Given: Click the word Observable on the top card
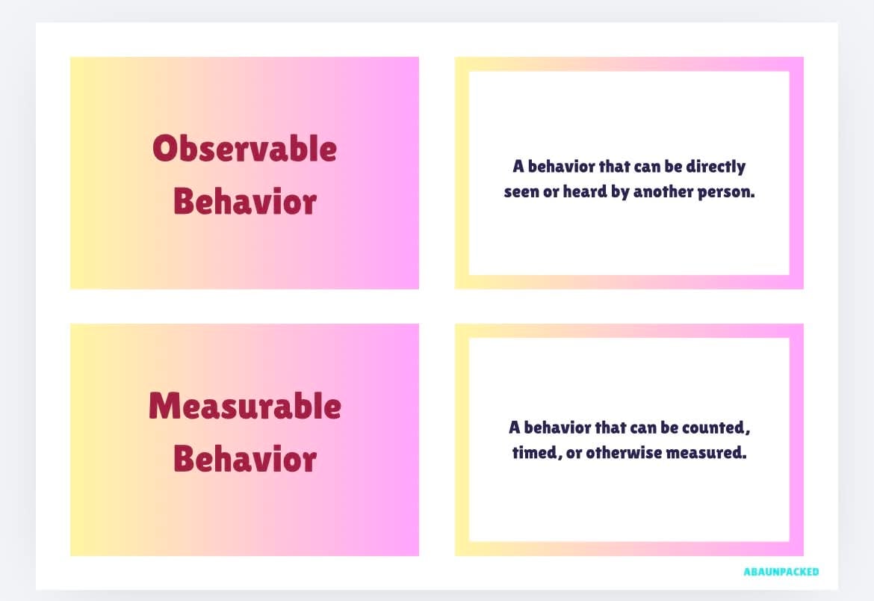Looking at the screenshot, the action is pos(245,149).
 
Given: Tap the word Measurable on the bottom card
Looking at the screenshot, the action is pos(245,406).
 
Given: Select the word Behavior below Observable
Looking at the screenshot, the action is pos(245,201).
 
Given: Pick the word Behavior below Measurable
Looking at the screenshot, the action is pos(245,458).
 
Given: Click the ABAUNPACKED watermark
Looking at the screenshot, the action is pos(781,571).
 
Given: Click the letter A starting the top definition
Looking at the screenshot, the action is pos(518,166).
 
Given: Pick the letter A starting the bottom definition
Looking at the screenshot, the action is pos(515,428).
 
